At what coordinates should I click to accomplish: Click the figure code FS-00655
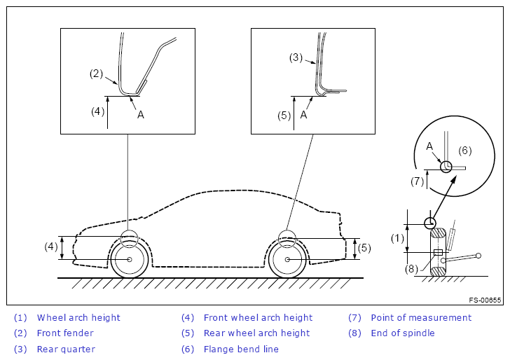485,300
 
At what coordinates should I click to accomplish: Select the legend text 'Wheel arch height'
78,318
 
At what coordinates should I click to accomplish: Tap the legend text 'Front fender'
65,333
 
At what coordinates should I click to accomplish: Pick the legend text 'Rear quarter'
66,349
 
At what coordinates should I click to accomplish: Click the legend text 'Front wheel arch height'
258,318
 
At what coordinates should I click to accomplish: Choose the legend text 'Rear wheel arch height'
256,333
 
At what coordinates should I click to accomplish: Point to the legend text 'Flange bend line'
241,349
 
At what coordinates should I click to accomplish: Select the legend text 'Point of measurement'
421,318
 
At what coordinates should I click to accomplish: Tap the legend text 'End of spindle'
403,333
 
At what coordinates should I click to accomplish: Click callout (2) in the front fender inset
97,73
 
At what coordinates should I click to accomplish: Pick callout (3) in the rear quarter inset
295,57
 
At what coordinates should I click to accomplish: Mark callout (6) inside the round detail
465,151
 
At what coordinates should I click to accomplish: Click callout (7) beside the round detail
417,181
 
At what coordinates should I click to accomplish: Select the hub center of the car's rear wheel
287,260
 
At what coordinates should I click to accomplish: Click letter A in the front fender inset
141,115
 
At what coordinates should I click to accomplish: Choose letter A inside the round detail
429,146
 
